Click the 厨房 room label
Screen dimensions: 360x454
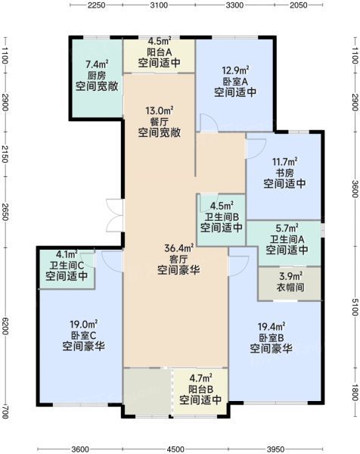tap(97, 76)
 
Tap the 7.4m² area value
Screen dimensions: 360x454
tap(98, 64)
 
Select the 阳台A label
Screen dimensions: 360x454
tap(160, 52)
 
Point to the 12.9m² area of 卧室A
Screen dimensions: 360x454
tap(235, 70)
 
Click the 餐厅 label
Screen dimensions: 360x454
tap(159, 122)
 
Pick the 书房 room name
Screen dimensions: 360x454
tap(285, 173)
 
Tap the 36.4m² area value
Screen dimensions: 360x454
tap(178, 248)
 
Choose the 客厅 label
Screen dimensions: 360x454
tap(178, 259)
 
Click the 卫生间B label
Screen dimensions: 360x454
tap(222, 216)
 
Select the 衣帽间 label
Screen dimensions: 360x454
tap(290, 288)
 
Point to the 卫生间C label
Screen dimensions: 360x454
tap(67, 265)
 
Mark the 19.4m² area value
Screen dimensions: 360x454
tap(272, 327)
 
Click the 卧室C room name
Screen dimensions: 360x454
tap(83, 335)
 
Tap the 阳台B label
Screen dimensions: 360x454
tap(201, 389)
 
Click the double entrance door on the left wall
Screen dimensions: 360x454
tap(115, 215)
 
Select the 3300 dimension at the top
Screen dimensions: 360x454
tap(234, 5)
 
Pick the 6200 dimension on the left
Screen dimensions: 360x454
tap(5, 325)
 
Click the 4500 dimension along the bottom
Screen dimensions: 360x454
tap(175, 449)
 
